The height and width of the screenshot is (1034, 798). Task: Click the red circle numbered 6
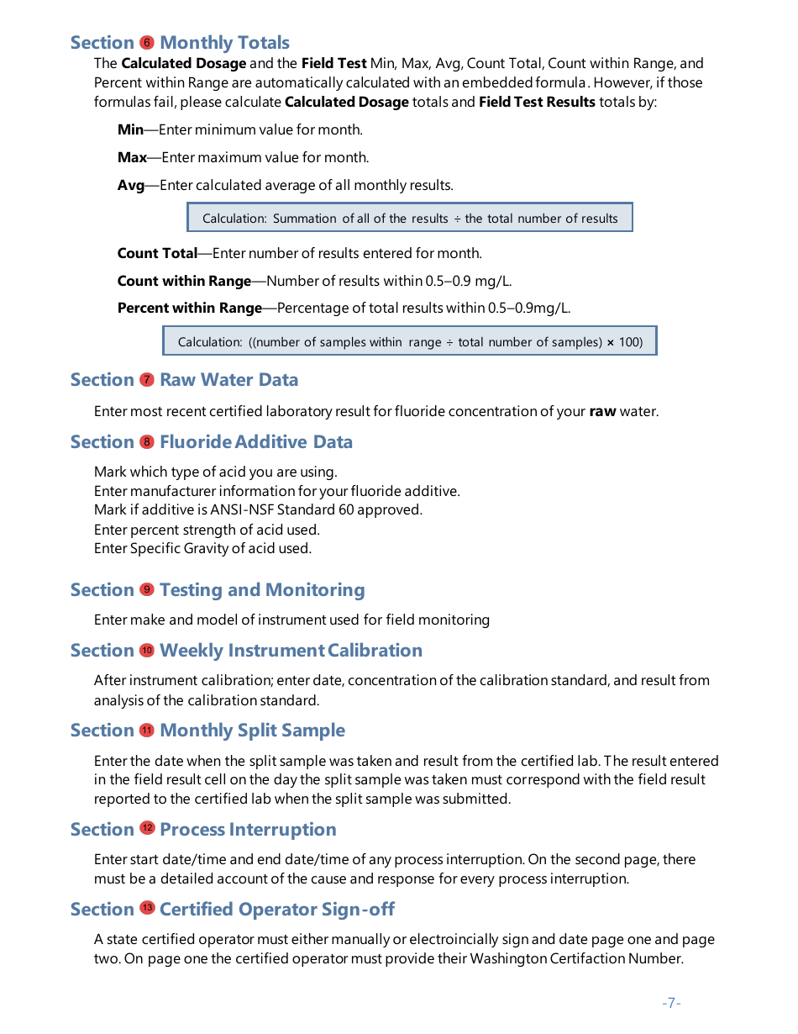tap(147, 43)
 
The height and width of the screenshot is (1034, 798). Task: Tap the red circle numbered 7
tap(147, 380)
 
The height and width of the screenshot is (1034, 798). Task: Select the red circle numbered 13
tap(147, 909)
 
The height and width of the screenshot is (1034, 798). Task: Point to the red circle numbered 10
tap(147, 650)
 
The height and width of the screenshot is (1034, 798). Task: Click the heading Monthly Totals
tap(224, 43)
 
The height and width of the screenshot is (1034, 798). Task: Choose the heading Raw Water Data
tap(228, 380)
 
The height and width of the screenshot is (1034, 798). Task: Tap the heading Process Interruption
tap(248, 830)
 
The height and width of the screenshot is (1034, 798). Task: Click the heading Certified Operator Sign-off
tap(276, 910)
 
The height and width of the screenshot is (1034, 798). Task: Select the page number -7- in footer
tap(671, 1003)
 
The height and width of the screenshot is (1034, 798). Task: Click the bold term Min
tap(130, 130)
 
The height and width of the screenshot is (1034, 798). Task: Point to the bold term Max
tap(132, 158)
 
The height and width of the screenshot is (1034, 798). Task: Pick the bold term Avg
tap(131, 186)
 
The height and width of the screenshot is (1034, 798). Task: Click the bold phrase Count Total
tap(157, 254)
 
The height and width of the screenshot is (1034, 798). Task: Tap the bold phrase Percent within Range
tap(190, 309)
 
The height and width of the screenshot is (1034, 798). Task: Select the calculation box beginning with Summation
tap(409, 219)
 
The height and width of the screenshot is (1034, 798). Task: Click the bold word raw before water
tap(602, 412)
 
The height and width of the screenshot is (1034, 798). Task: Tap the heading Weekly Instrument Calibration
tap(291, 651)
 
